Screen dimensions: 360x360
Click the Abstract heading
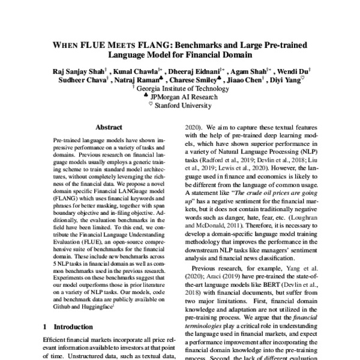109,127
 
